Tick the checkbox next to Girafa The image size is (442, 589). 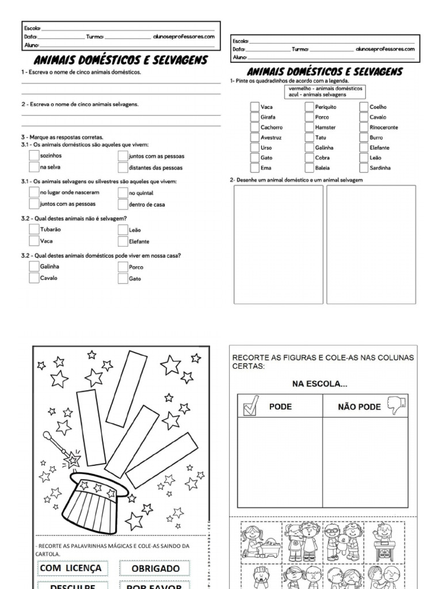pos(254,117)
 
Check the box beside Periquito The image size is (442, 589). pos(310,106)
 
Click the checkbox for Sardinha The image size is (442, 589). pos(364,168)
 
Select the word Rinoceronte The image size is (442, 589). pos(383,127)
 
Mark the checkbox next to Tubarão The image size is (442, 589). pos(33,230)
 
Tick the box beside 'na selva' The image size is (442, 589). pos(33,167)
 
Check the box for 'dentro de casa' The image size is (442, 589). pos(123,204)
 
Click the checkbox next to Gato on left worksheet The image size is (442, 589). pos(123,279)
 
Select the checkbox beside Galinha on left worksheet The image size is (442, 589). pos(33,267)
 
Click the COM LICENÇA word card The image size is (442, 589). pos(71,568)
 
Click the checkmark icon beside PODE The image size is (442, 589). pos(250,407)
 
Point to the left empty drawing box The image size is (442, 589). pos(278,244)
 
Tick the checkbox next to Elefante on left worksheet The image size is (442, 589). pos(123,242)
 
